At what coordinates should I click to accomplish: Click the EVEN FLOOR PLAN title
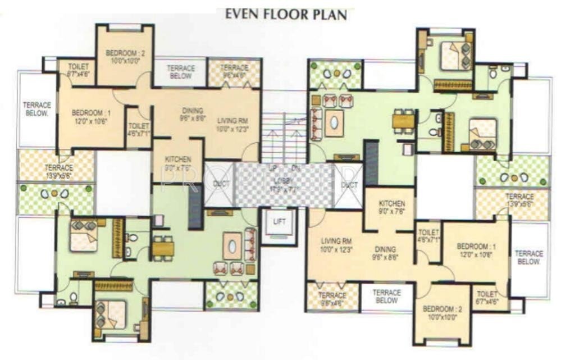coord(286,13)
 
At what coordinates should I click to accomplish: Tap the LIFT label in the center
coord(279,221)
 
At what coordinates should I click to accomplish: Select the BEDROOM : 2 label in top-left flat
coord(126,54)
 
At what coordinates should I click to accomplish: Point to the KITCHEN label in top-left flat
coord(177,159)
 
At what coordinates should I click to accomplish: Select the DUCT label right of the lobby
coord(349,184)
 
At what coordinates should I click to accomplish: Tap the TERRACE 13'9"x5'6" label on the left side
coord(58,168)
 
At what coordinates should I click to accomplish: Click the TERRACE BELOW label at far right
coord(529,257)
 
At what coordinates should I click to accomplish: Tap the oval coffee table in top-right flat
coord(335,122)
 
